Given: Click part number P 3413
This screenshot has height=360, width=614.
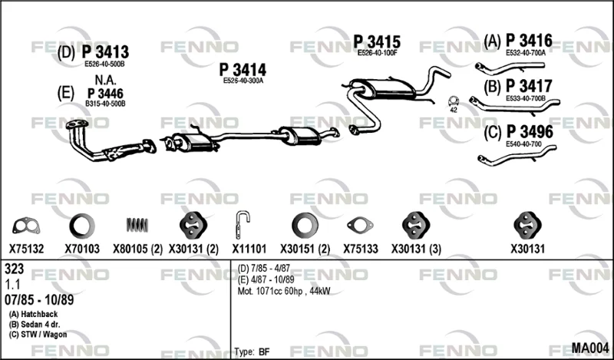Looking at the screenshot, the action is tap(105, 52).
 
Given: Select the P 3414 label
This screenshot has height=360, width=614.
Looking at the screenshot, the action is tap(243, 70).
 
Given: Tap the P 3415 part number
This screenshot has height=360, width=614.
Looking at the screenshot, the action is tap(377, 41).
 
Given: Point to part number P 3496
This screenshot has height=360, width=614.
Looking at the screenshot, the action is tap(530, 132).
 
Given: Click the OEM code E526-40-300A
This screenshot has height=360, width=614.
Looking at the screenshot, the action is tap(243, 81).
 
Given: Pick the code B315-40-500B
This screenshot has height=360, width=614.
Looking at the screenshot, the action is tap(105, 104).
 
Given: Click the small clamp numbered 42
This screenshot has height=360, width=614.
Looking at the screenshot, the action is tap(454, 101).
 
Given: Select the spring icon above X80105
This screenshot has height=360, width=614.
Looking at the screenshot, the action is tap(137, 225).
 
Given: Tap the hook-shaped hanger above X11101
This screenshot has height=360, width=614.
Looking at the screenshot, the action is tap(242, 224).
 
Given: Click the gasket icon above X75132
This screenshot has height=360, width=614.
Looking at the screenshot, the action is tap(26, 226).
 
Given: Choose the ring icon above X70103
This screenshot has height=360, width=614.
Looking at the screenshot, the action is tap(82, 226).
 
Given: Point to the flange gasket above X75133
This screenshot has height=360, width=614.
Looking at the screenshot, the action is tap(360, 225).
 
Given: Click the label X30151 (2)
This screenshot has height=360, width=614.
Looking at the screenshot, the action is tap(305, 249).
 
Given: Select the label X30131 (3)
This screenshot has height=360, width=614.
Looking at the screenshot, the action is tap(416, 249).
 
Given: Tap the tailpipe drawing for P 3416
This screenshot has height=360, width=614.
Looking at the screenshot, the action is tap(510, 68).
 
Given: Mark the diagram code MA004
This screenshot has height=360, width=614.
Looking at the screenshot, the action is tap(590, 348).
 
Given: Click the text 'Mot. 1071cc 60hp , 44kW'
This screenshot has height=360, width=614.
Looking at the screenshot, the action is tap(283, 291).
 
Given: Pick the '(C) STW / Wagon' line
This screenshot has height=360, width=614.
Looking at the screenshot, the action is tap(38, 335).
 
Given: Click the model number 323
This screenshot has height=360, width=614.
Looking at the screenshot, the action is tap(14, 269).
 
